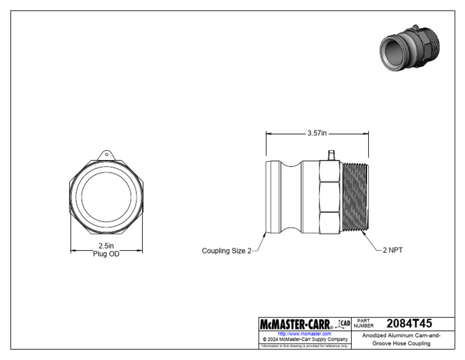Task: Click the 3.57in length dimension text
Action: [317, 133]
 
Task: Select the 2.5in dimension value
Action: [106, 246]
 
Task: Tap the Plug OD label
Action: [106, 254]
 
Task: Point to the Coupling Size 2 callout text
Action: [226, 251]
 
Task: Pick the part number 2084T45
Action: [409, 324]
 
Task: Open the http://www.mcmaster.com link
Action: [304, 333]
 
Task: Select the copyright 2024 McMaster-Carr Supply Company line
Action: [304, 339]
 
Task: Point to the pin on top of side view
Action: [331, 156]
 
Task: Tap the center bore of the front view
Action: [107, 198]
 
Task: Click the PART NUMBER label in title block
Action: [365, 324]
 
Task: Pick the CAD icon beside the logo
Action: [344, 324]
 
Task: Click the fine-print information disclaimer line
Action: [304, 346]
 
